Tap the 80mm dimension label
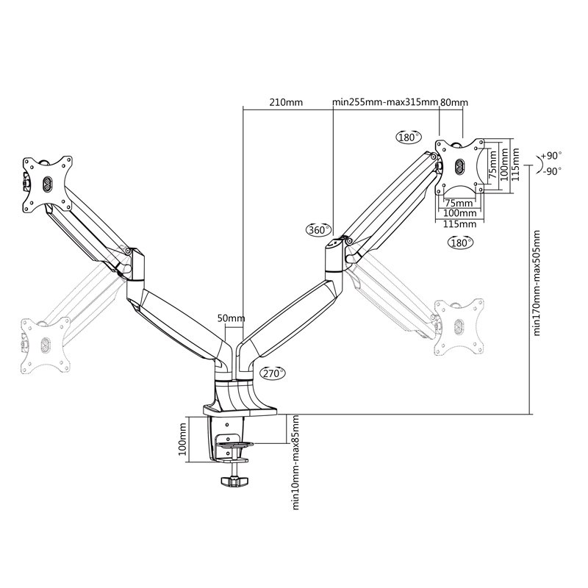click(x=453, y=102)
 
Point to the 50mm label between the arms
click(x=231, y=318)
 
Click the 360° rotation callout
click(x=318, y=230)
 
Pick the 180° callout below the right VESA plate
click(x=460, y=242)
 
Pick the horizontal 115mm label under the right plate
click(x=460, y=223)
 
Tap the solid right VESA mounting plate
click(x=460, y=165)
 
